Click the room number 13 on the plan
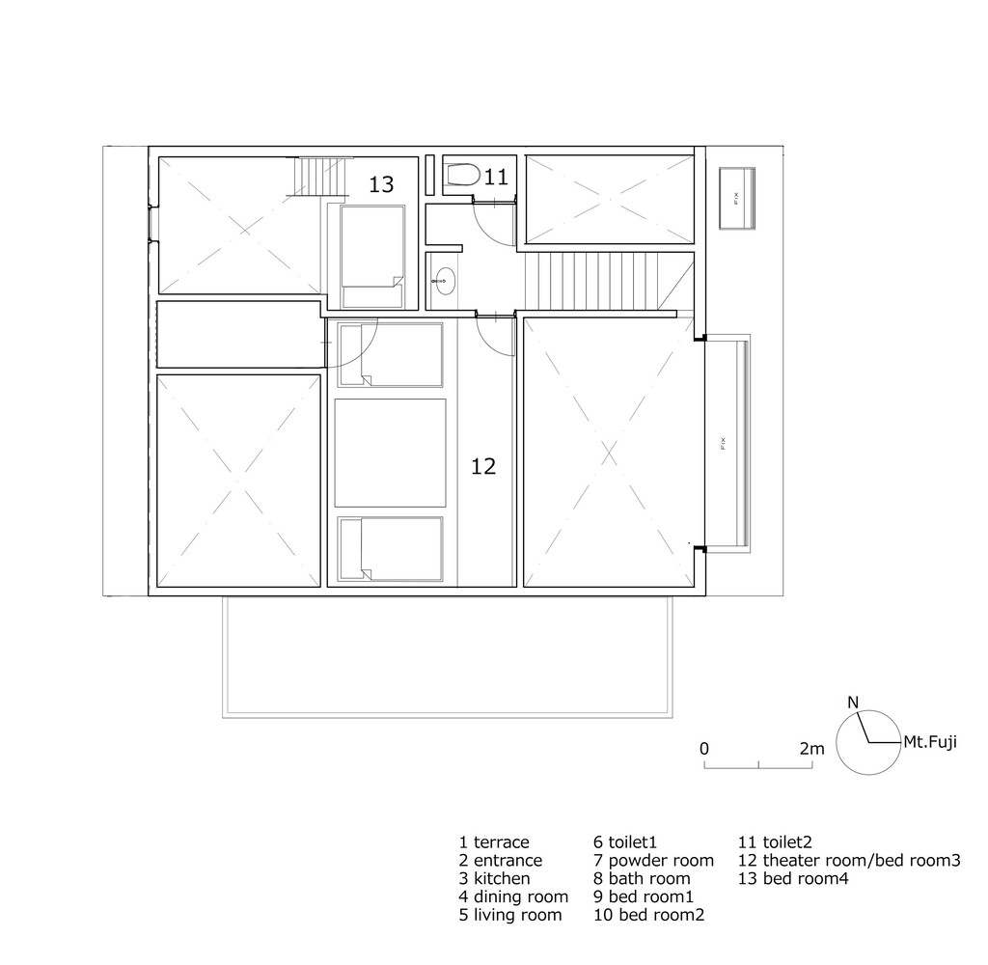[x=381, y=184]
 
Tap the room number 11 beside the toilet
[x=496, y=178]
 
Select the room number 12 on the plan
[x=483, y=466]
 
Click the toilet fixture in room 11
[x=462, y=175]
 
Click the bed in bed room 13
[x=371, y=256]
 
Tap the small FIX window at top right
[x=736, y=199]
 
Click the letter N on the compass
[x=853, y=703]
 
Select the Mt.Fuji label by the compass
[x=930, y=742]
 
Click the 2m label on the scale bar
[x=811, y=749]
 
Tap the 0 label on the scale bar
[x=704, y=749]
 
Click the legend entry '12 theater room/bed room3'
[x=849, y=861]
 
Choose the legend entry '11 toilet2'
[x=775, y=842]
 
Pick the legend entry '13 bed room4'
[x=793, y=879]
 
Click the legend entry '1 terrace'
[x=494, y=842]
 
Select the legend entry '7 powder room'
[x=653, y=861]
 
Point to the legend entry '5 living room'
[x=510, y=915]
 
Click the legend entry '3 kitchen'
[x=495, y=879]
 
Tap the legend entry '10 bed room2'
[x=649, y=915]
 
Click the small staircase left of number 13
[x=322, y=177]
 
